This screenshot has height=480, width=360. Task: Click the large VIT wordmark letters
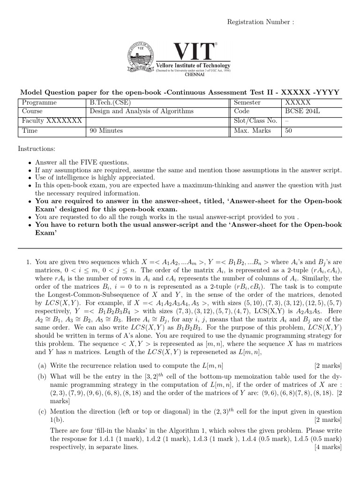pyautogui.click(x=194, y=52)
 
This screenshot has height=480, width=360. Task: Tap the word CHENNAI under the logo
pyautogui.click(x=194, y=75)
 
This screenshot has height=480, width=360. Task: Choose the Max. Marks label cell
pyautogui.click(x=252, y=131)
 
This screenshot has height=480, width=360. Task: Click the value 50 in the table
pyautogui.click(x=288, y=131)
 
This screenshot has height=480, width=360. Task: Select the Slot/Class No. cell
pyautogui.click(x=255, y=121)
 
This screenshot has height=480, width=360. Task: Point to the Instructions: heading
pyautogui.click(x=37, y=149)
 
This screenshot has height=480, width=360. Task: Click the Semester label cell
pyautogui.click(x=250, y=103)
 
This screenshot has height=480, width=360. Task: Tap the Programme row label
pyautogui.click(x=39, y=103)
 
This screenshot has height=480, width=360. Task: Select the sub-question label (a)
pyautogui.click(x=42, y=366)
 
